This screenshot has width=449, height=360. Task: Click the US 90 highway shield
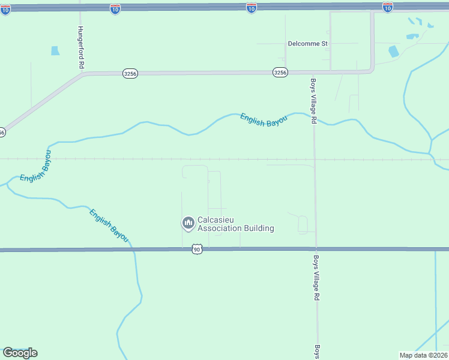pyautogui.click(x=196, y=249)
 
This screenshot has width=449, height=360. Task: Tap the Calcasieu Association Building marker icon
pyautogui.click(x=188, y=223)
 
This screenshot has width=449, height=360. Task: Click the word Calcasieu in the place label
pyautogui.click(x=217, y=220)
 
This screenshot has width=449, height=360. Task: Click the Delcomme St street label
pyautogui.click(x=308, y=44)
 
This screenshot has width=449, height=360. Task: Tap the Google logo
pyautogui.click(x=20, y=352)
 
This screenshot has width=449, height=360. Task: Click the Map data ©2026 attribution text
pyautogui.click(x=423, y=355)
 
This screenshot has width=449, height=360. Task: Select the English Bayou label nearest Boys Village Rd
pyautogui.click(x=264, y=119)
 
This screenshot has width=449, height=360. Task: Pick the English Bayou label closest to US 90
pyautogui.click(x=109, y=226)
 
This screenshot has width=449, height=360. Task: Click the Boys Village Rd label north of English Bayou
pyautogui.click(x=313, y=101)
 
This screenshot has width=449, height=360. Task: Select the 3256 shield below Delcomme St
pyautogui.click(x=280, y=72)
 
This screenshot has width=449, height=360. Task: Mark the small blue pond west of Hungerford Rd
pyautogui.click(x=55, y=51)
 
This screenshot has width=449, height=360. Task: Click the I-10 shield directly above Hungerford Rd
pyautogui.click(x=115, y=8)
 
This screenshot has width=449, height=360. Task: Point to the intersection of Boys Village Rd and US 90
pyautogui.click(x=316, y=249)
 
